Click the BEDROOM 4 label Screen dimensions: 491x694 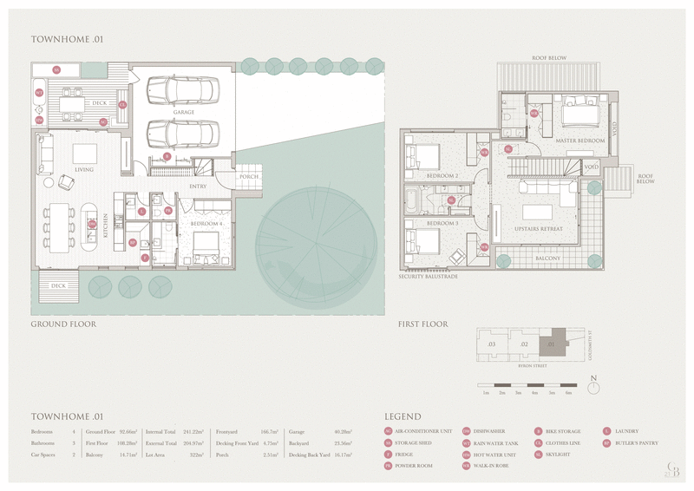pos(207,224)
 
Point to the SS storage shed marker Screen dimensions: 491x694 pos(56,69)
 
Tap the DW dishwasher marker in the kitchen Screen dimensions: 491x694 pos(91,224)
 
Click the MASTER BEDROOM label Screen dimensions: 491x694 pos(579,140)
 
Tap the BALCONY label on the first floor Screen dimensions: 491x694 pos(547,259)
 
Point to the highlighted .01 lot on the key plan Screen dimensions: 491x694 pos(550,344)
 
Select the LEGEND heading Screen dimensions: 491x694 pos(403,417)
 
